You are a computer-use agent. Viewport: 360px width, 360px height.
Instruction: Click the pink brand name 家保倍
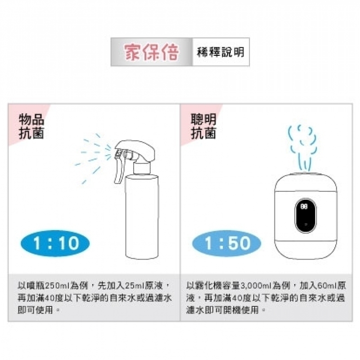[151, 52]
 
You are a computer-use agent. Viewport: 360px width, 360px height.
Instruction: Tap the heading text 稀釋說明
[220, 52]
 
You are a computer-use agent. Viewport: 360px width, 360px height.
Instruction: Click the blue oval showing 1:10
[55, 243]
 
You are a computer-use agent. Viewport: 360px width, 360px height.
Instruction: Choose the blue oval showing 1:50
[227, 243]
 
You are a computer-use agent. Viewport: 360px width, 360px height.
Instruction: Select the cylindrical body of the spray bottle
[142, 217]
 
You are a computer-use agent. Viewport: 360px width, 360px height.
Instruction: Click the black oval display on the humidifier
[305, 216]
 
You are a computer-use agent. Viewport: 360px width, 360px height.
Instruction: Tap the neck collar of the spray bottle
[142, 169]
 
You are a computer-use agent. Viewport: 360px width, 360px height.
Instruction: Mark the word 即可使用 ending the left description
[35, 310]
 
